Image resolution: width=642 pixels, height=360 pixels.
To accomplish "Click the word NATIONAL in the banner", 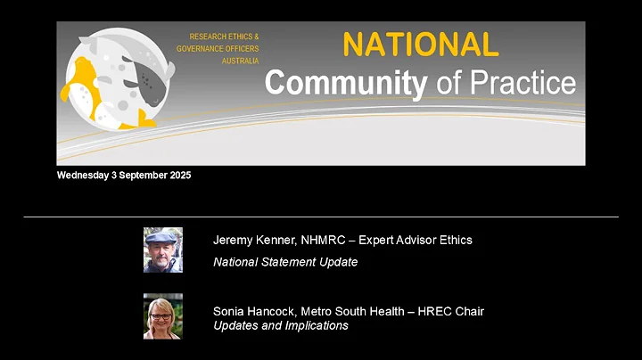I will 420,45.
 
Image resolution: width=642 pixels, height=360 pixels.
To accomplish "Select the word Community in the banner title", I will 346,83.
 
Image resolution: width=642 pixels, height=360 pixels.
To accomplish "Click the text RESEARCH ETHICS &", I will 224,37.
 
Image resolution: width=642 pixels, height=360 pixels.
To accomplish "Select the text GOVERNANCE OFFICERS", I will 218,49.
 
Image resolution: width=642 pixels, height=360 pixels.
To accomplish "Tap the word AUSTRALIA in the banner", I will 240,61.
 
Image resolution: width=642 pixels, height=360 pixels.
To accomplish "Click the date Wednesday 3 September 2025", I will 124,176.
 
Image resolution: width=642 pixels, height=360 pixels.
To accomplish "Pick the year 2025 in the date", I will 177,176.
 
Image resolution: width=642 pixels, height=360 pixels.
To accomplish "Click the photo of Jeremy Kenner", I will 163,250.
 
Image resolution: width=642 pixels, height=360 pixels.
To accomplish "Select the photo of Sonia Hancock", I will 163,316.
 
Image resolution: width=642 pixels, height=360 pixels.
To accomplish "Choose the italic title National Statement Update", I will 285,262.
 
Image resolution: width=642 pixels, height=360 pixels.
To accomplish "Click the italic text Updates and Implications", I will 281,325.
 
